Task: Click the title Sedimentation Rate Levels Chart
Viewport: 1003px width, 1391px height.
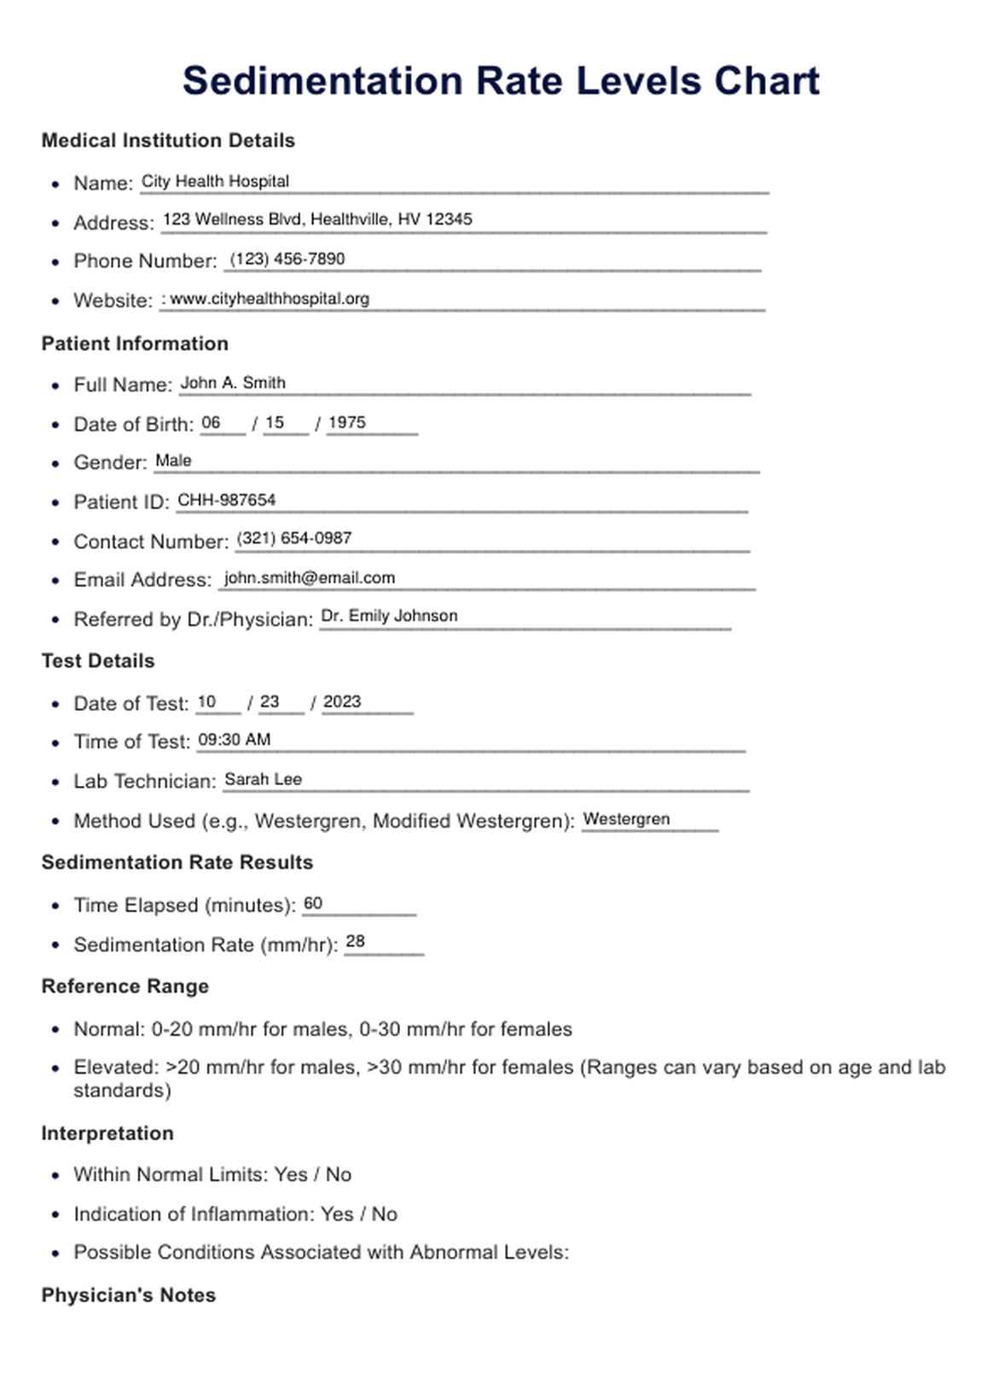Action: (501, 81)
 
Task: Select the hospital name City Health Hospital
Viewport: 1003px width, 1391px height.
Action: (215, 181)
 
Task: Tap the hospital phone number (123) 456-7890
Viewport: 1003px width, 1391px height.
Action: (287, 259)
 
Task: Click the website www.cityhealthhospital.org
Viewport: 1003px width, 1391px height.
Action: (270, 299)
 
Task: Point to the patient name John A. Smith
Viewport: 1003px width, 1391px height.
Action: (233, 383)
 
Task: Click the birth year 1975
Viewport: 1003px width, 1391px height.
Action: (346, 422)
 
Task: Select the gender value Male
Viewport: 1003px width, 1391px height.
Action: (173, 461)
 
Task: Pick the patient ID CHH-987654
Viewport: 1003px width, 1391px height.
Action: (226, 500)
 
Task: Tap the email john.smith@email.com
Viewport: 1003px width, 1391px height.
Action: (310, 578)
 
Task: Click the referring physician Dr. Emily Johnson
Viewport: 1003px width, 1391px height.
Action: (389, 616)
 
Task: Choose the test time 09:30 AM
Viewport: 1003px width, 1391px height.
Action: (234, 740)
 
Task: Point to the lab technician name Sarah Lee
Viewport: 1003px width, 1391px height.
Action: (263, 779)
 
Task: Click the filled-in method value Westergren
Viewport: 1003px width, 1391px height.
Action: (626, 819)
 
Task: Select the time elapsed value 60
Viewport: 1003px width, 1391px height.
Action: (313, 904)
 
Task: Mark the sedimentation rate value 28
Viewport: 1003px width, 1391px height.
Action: (356, 941)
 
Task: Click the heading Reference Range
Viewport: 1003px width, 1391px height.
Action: (125, 987)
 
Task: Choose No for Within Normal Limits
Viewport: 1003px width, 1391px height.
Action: (339, 1175)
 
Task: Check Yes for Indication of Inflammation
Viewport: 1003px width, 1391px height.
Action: (337, 1214)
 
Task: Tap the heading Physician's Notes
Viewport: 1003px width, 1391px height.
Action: (129, 1295)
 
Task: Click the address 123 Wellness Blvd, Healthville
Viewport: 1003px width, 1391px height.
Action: (317, 219)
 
